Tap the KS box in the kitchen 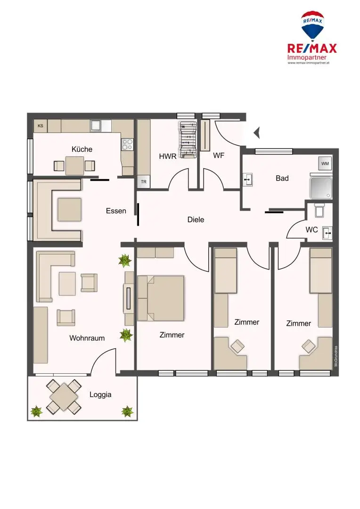tap(41, 126)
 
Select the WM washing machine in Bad tap(325, 163)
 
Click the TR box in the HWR tap(143, 182)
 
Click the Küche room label tap(82, 149)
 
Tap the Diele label tap(196, 219)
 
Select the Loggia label tap(100, 394)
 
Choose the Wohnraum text tap(87, 338)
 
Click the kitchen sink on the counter tap(96, 125)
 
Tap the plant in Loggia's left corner tap(37, 411)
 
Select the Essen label tap(116, 211)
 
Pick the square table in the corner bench tap(69, 209)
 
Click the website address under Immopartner tap(308, 63)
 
